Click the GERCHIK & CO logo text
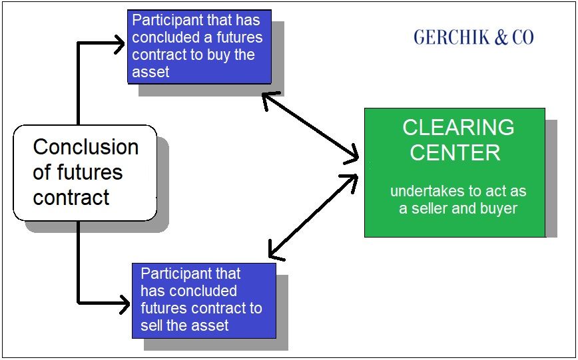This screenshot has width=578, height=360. (x=473, y=37)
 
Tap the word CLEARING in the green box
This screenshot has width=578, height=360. (x=458, y=127)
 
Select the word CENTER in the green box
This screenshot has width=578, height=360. (x=455, y=152)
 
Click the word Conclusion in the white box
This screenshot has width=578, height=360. (x=86, y=147)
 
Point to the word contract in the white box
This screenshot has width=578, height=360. (x=71, y=198)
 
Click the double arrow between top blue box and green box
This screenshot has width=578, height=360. (x=310, y=126)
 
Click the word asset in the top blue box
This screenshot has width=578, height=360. (x=150, y=72)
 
